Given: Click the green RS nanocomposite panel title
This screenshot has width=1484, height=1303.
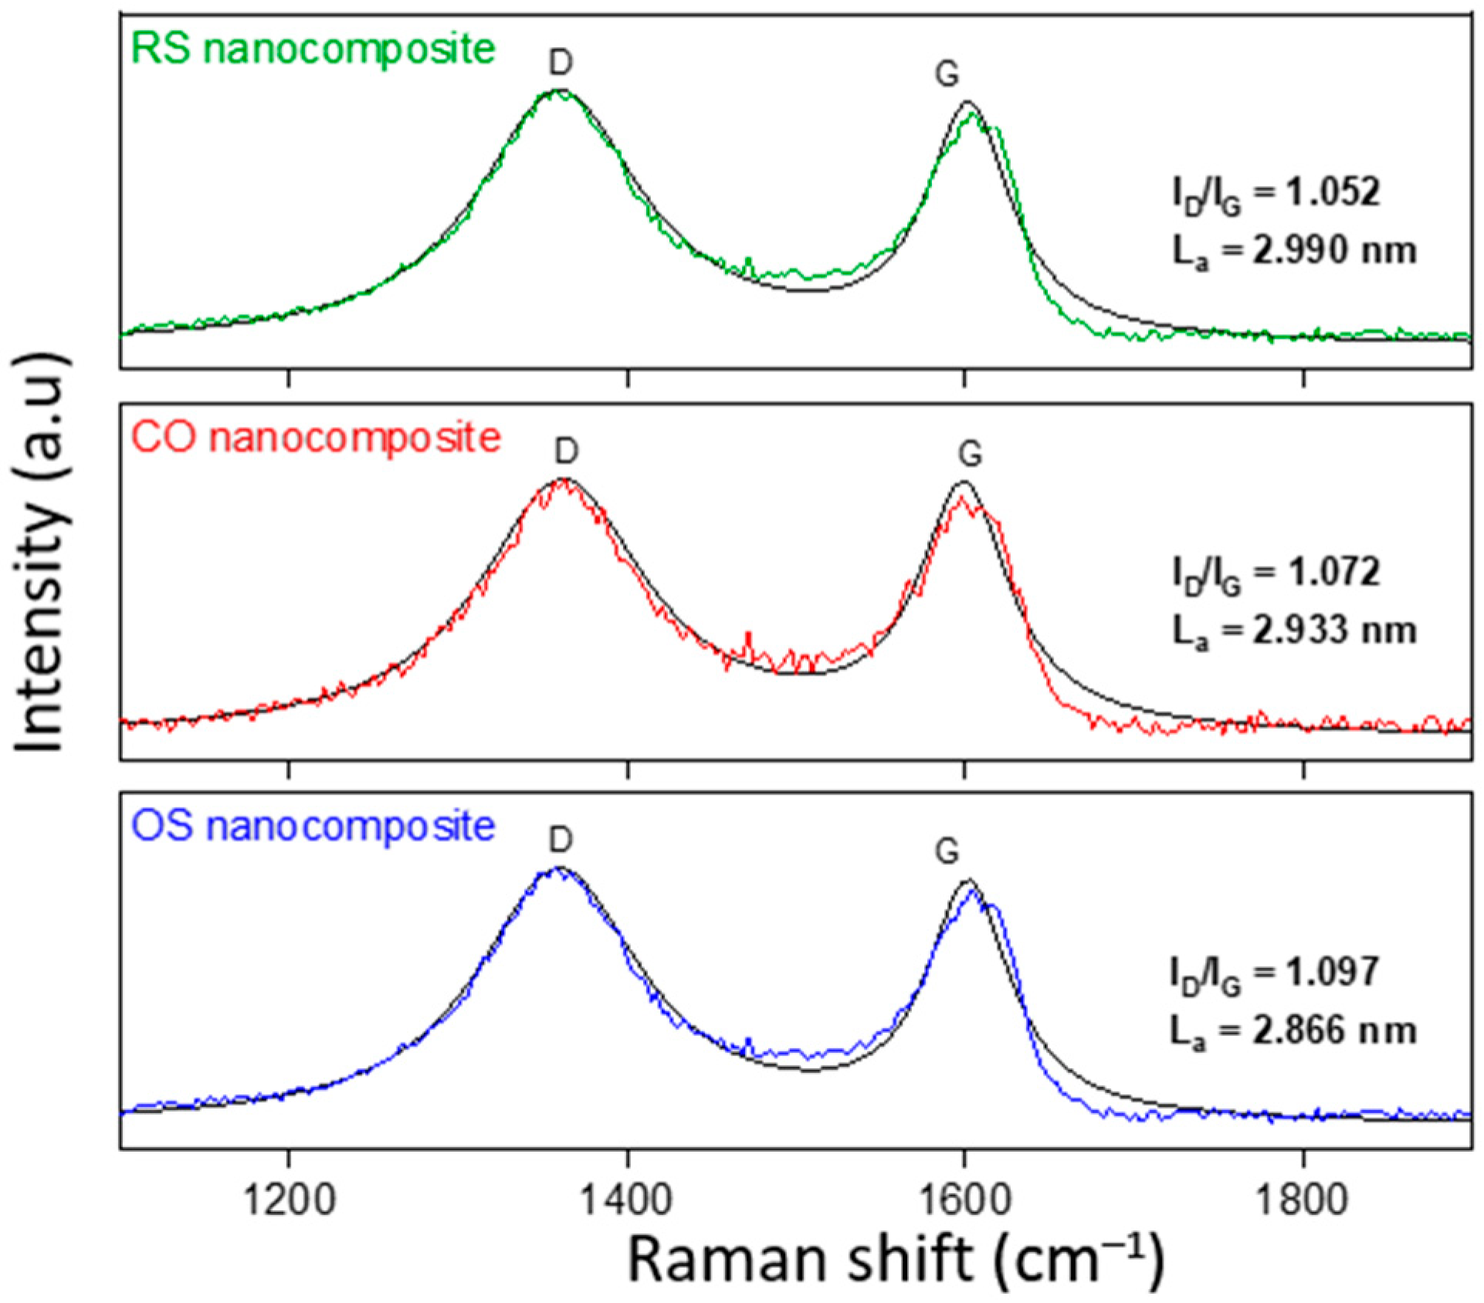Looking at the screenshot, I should click(x=313, y=49).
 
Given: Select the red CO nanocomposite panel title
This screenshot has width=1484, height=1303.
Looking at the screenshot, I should click(x=316, y=438).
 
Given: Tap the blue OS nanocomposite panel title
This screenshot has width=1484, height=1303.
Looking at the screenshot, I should click(x=313, y=827).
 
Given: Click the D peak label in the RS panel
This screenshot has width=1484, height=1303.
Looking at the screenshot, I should click(x=561, y=63).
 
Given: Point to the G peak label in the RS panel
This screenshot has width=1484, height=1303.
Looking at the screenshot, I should click(x=947, y=74).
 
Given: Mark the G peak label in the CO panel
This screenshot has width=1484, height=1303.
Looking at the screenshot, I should click(x=970, y=454).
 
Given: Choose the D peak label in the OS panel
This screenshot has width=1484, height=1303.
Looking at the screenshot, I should click(x=561, y=840).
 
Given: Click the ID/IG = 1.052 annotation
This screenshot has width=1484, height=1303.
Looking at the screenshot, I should click(x=1276, y=194).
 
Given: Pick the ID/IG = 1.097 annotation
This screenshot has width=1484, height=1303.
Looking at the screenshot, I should click(x=1274, y=973).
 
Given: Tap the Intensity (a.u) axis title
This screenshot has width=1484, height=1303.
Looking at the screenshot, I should click(x=40, y=553).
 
